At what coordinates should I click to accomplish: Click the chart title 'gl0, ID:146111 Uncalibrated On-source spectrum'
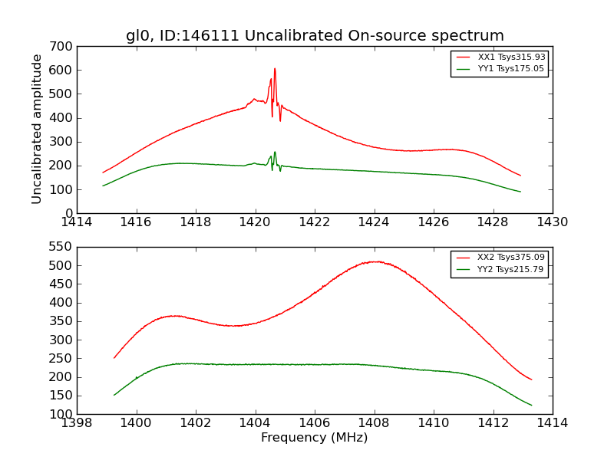pos(315,36)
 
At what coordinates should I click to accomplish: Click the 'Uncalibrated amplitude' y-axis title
pos(37,129)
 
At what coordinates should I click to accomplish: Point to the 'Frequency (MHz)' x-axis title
pos(315,438)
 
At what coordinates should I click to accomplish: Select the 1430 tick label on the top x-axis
pos(553,222)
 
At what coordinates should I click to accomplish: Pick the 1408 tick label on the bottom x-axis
pos(375,423)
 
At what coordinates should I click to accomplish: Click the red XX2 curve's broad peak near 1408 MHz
pos(374,261)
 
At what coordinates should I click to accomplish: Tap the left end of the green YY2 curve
pos(114,395)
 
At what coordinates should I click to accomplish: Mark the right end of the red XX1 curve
pos(520,176)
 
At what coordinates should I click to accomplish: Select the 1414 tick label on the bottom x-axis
pos(553,423)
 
